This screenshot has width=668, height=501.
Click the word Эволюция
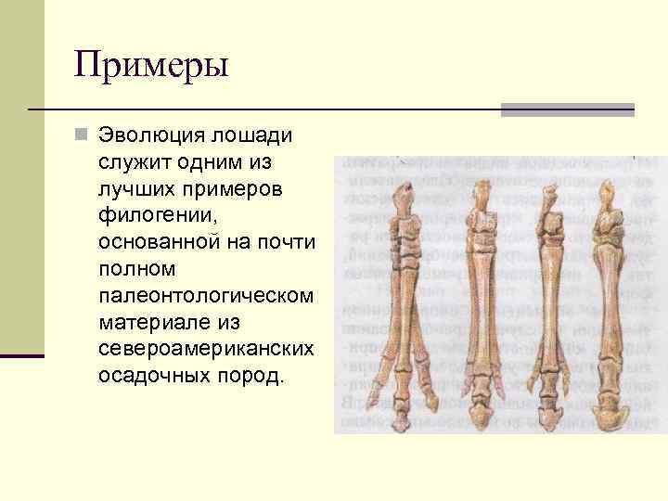click(152, 136)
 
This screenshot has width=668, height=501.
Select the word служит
click(136, 163)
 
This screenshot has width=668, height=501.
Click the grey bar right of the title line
click(568, 109)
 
